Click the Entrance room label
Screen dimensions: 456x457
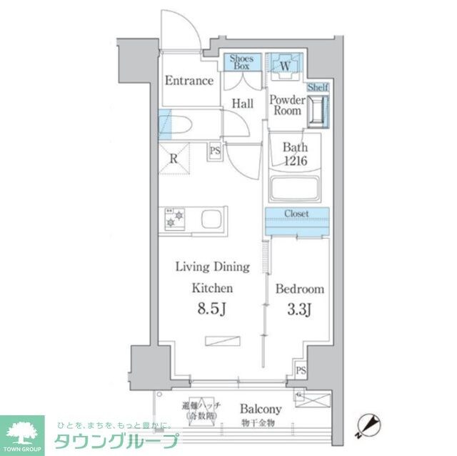click(189, 81)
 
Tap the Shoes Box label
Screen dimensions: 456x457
click(242, 62)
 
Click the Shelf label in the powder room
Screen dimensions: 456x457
click(318, 87)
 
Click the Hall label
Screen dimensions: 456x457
click(242, 104)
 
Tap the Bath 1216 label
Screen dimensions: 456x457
click(294, 154)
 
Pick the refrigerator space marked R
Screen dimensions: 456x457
click(174, 159)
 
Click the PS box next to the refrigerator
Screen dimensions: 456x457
click(214, 151)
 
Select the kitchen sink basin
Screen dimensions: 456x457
click(212, 219)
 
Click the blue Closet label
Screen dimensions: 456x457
click(296, 213)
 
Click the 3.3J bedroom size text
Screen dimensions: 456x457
click(299, 311)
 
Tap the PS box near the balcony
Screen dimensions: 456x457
click(301, 371)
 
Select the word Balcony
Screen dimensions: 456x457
click(260, 410)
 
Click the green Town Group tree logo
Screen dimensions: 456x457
click(21, 432)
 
